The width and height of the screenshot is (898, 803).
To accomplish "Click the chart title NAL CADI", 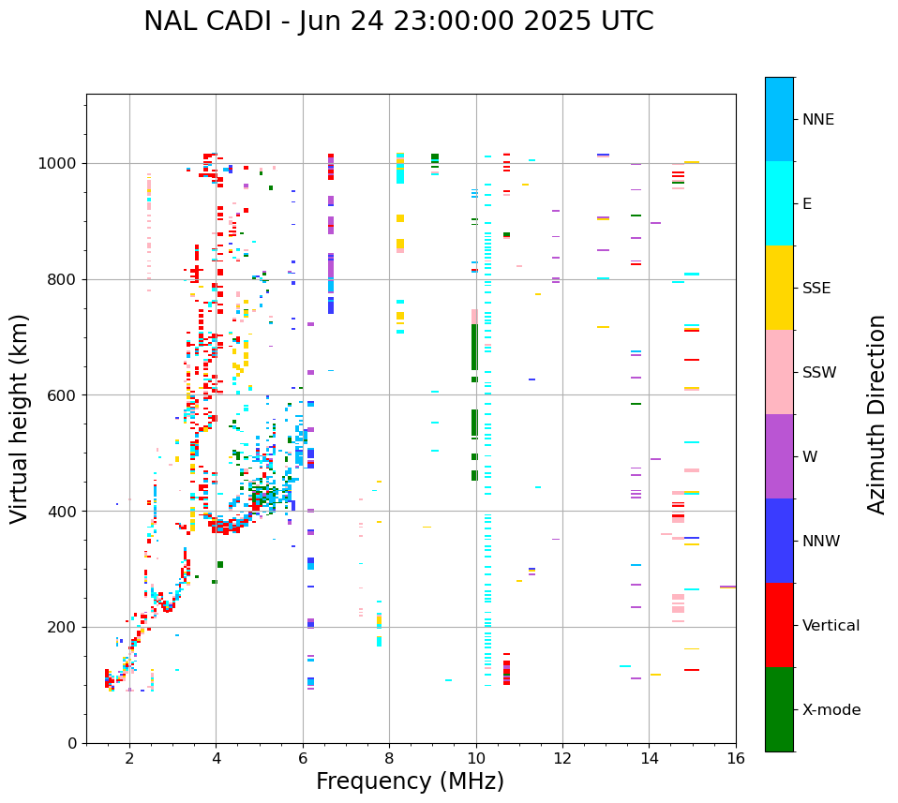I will click(398, 22).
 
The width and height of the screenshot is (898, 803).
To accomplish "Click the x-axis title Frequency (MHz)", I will click(410, 781).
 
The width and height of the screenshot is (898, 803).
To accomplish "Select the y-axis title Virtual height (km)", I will click(20, 418).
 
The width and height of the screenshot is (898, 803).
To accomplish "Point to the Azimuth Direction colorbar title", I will click(876, 413).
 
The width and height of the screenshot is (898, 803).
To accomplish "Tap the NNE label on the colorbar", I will click(817, 120).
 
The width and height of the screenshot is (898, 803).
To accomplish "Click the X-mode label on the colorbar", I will click(831, 710).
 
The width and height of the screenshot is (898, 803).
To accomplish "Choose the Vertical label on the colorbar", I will click(831, 626).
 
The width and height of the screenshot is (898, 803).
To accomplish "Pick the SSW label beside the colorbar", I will click(819, 373).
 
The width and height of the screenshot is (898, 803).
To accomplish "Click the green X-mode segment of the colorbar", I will click(779, 709).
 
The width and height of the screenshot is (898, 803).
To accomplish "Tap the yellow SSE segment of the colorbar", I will click(779, 288).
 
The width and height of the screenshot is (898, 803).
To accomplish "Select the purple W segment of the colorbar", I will click(779, 456).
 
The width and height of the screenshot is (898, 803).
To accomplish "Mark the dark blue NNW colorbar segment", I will click(779, 541).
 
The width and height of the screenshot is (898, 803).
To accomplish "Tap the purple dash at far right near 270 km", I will click(727, 587).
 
